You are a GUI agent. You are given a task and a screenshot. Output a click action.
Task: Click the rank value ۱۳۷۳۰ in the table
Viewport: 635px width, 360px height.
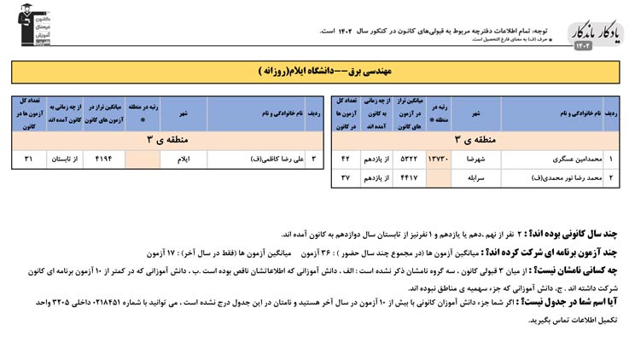pyautogui.click(x=438, y=160)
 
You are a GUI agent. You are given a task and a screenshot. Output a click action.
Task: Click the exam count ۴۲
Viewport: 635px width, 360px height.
pyautogui.click(x=346, y=160)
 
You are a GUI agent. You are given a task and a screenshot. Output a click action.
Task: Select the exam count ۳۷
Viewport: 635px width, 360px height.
pyautogui.click(x=346, y=178)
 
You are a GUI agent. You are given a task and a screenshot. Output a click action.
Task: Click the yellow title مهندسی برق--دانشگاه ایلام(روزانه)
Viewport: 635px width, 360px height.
pyautogui.click(x=317, y=72)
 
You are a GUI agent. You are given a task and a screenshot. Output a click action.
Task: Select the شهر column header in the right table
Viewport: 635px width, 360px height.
pyautogui.click(x=476, y=113)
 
